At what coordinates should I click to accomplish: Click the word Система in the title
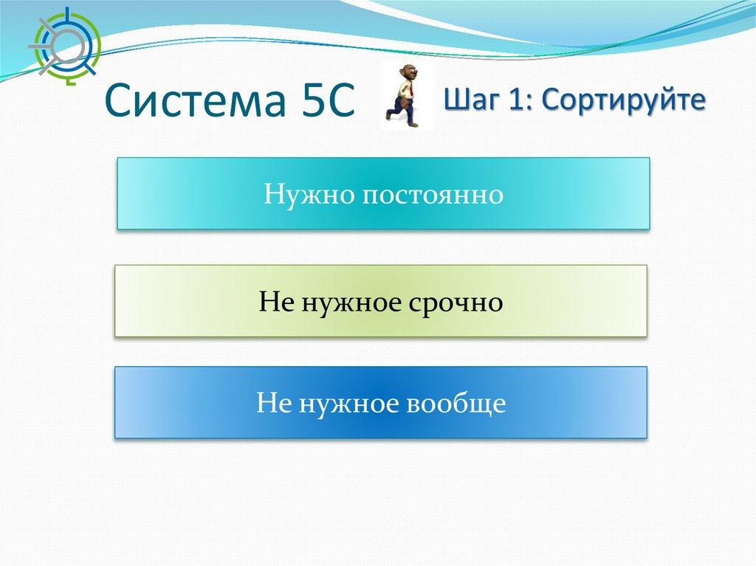pos(195,100)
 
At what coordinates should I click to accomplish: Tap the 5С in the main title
pos(329,100)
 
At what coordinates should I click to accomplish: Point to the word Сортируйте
pos(623,100)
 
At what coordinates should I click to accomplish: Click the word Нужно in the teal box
pos(309,194)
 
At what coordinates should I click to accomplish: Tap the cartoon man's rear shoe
pos(390,116)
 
